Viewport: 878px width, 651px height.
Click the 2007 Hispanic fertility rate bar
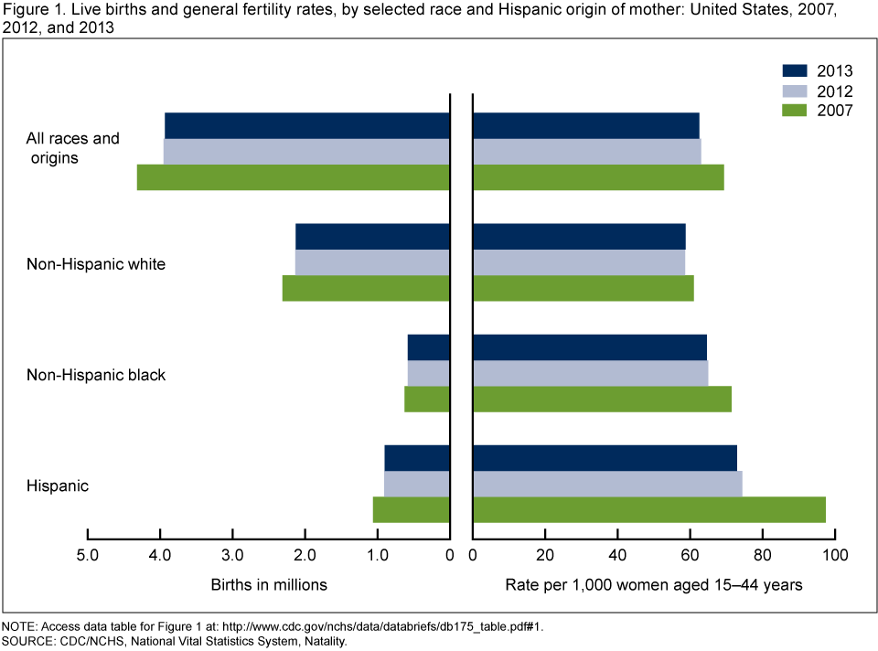pyautogui.click(x=649, y=509)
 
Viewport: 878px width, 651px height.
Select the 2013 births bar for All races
pyautogui.click(x=307, y=125)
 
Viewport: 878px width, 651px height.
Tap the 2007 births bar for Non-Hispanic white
pyautogui.click(x=366, y=288)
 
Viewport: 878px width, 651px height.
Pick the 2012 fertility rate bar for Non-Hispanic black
pyautogui.click(x=590, y=373)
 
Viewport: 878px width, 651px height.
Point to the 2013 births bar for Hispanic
pyautogui.click(x=417, y=458)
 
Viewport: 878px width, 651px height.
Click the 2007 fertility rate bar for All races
pyautogui.click(x=598, y=177)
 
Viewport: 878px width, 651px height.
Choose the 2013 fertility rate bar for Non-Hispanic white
pyautogui.click(x=579, y=236)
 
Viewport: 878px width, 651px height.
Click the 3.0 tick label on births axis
pyautogui.click(x=233, y=554)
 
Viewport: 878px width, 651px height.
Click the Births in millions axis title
pyautogui.click(x=269, y=584)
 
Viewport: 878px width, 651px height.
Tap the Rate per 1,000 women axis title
pyautogui.click(x=654, y=584)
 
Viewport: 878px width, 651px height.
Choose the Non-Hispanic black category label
pyautogui.click(x=96, y=375)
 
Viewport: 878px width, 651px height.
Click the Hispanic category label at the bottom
pyautogui.click(x=58, y=486)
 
